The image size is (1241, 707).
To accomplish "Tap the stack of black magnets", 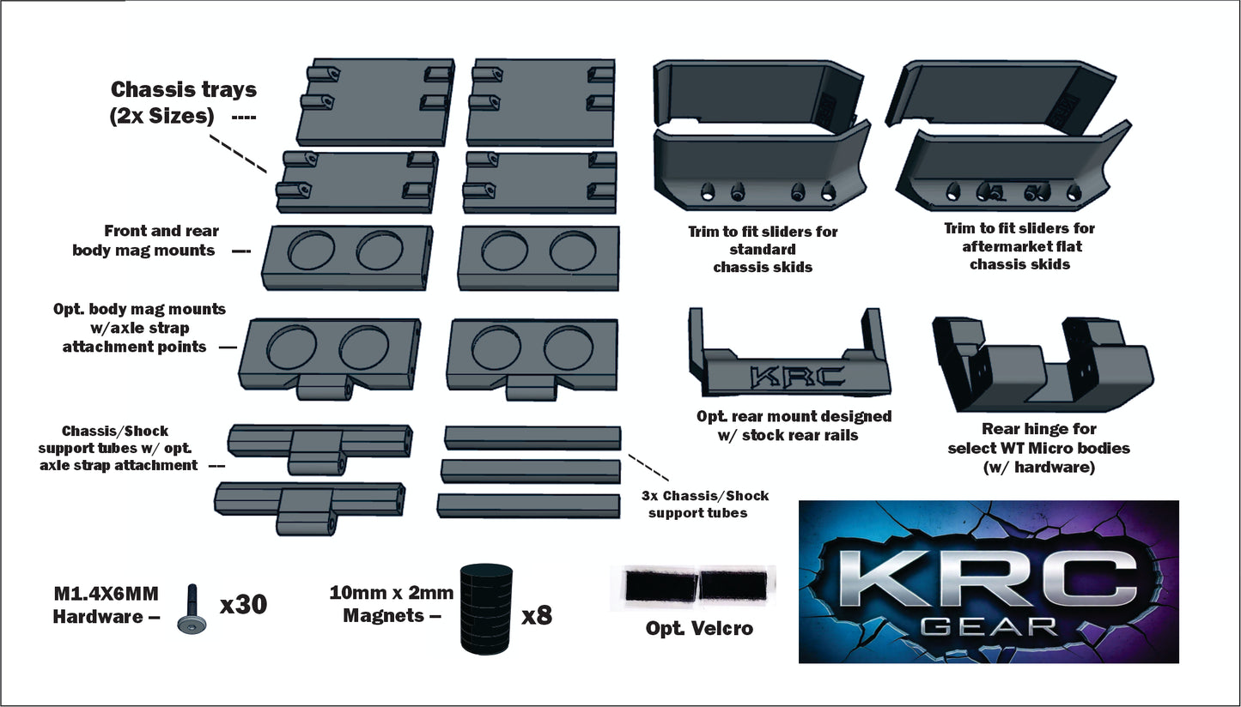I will pos(486,610).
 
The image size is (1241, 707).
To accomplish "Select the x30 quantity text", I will pos(243,604).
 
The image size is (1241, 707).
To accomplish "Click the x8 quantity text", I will pos(537,614).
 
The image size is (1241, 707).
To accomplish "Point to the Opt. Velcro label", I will pos(699,629).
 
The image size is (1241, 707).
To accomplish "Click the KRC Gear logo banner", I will pos(989,582).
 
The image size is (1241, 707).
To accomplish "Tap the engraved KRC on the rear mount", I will pos(797,377).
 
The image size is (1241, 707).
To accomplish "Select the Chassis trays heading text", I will pos(183,102).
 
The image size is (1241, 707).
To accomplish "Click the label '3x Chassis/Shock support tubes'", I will pos(705,505).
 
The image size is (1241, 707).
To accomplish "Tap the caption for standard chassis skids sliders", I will pos(763,249).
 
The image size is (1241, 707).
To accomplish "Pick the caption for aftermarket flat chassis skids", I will pos(1019,246).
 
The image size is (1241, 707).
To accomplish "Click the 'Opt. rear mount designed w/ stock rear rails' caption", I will pos(794,426).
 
